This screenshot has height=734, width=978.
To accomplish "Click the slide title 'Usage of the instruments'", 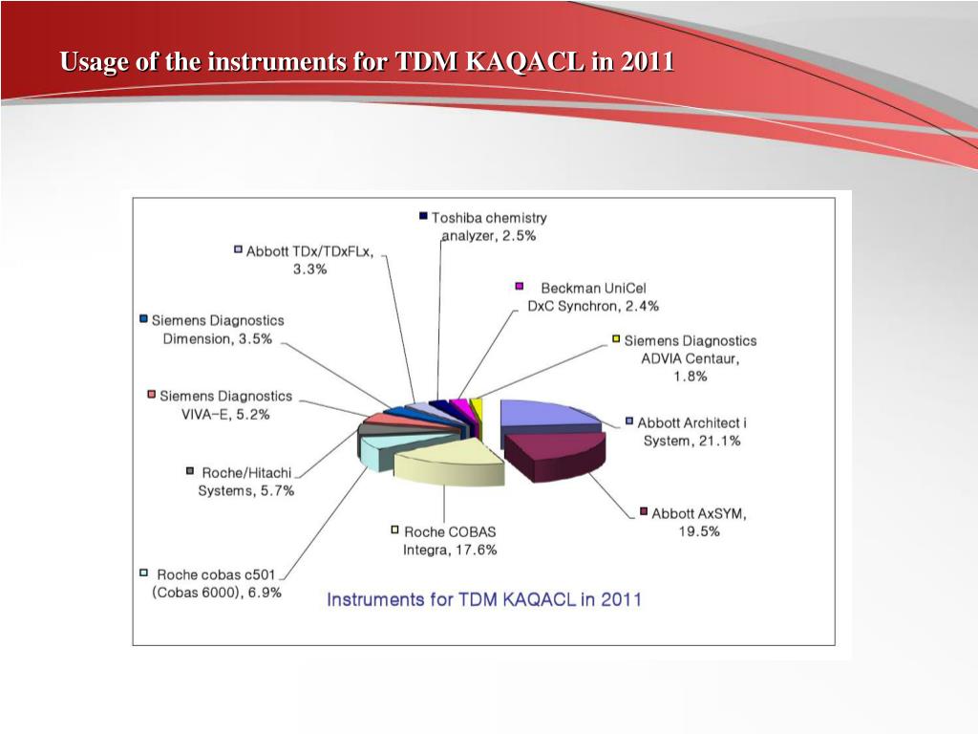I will click(x=367, y=63).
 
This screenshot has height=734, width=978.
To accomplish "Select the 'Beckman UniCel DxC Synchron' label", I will click(x=593, y=296).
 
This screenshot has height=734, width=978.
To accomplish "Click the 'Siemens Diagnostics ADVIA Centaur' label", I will click(x=690, y=357).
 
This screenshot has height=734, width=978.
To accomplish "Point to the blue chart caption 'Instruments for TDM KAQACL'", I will click(x=484, y=600).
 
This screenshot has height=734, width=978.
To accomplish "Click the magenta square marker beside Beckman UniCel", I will click(x=521, y=286).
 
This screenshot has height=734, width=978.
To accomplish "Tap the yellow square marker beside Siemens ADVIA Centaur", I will click(x=617, y=339).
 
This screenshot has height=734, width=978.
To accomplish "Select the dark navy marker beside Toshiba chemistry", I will click(x=423, y=216).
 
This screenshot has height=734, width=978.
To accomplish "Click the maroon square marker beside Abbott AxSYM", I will click(x=644, y=512).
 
